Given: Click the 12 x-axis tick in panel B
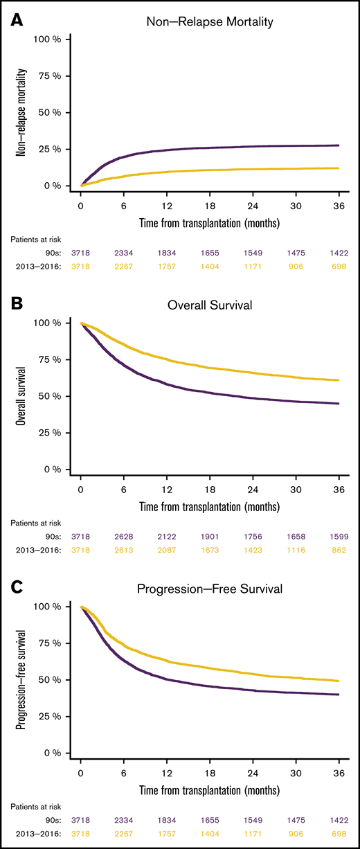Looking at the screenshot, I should [167, 482].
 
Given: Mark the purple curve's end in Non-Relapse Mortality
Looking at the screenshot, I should [338, 145].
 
